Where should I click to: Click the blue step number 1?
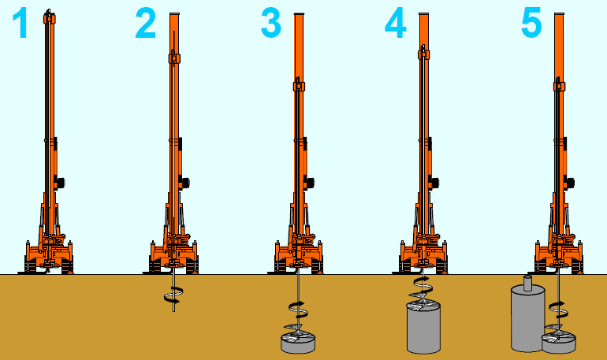pyautogui.click(x=20, y=24)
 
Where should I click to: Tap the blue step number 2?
pyautogui.click(x=146, y=24)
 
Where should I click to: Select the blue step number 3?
pyautogui.click(x=270, y=24)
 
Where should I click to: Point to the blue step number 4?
pyautogui.click(x=395, y=24)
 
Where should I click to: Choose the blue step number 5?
pyautogui.click(x=531, y=24)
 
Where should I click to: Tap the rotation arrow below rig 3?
pyautogui.click(x=298, y=310)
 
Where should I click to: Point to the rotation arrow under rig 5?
pyautogui.click(x=557, y=309)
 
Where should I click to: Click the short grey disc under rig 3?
pyautogui.click(x=298, y=343)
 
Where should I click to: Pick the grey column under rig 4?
pyautogui.click(x=423, y=328)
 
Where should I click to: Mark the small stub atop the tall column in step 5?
pyautogui.click(x=528, y=283)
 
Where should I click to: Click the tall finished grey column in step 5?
pyautogui.click(x=527, y=318)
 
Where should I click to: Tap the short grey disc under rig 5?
pyautogui.click(x=559, y=343)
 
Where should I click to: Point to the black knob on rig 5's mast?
pyautogui.click(x=570, y=183)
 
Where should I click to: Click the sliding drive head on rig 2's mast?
pyautogui.click(x=174, y=58)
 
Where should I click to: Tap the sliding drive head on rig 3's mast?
pyautogui.click(x=299, y=85)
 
